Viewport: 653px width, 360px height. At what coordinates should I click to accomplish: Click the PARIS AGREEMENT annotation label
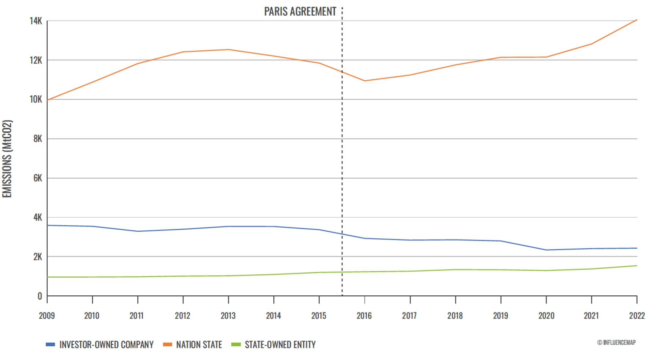coord(300,12)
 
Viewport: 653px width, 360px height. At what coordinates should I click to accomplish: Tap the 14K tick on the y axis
coord(36,21)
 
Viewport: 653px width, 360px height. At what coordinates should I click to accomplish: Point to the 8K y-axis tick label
coord(38,139)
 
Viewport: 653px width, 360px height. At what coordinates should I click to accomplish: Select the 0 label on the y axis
coord(40,296)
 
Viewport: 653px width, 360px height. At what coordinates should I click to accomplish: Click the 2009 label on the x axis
coord(47,316)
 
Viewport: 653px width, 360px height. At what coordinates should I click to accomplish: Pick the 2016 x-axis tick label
coord(364,316)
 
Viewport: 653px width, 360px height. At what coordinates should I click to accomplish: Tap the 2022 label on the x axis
coord(637,316)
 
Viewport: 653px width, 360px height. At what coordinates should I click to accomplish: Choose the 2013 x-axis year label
coord(228,316)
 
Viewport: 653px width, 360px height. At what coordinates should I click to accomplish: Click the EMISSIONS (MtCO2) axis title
coord(7,159)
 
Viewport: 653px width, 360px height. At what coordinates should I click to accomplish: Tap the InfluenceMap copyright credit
coord(616,342)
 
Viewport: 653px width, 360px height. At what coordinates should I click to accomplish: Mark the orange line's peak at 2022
coord(637,20)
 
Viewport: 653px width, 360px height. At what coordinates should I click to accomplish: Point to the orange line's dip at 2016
coord(364,81)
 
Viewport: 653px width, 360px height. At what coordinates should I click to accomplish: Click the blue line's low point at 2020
coord(546,250)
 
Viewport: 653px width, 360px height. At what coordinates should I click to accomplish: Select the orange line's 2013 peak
coord(228,50)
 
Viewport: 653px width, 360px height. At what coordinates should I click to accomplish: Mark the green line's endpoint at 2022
coord(637,266)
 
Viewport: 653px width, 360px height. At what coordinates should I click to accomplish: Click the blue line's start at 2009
coord(47,225)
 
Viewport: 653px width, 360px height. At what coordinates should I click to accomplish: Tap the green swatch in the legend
coord(236,344)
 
